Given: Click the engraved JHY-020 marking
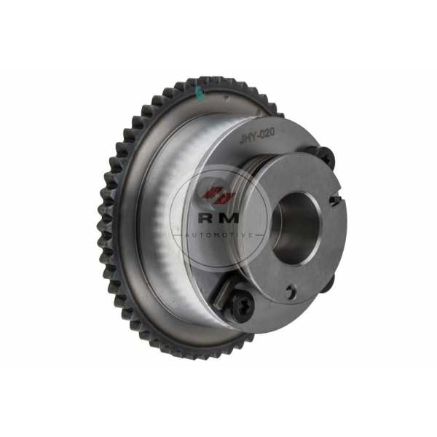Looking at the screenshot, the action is (257, 136).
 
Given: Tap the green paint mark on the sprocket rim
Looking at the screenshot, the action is (200, 93).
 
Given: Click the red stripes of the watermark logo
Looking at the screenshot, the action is (219, 196).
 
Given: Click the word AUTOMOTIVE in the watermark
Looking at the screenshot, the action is (220, 235).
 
